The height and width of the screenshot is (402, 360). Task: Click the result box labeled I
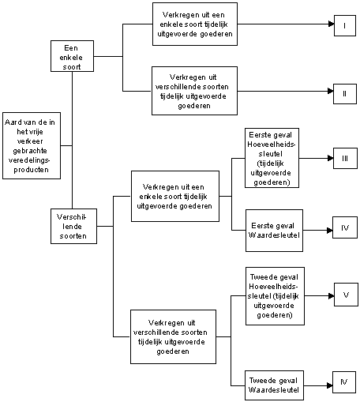345,25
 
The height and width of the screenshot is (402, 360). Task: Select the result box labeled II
345,94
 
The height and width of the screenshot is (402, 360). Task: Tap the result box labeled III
345,158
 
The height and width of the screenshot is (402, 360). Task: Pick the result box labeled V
346,295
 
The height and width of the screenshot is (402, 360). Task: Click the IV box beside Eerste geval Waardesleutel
345,227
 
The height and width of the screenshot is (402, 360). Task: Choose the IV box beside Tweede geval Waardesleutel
344,382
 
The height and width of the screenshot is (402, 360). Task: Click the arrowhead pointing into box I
332,24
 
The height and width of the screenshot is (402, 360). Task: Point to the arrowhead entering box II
331,91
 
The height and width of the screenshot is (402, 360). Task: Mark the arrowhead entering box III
331,158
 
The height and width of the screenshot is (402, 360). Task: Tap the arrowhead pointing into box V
332,296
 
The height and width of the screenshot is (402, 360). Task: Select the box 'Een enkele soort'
72,56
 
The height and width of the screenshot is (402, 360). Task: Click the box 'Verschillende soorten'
73,226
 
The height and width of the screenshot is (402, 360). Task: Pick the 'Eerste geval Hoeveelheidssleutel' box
272,158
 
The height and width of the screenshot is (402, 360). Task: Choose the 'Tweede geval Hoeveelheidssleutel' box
275,296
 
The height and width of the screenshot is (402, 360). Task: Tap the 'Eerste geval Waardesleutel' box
274,231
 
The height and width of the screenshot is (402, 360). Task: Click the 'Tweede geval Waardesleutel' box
274,385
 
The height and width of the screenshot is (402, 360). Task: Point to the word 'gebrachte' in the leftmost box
30,151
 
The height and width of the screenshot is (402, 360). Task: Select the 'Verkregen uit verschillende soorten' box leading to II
194,91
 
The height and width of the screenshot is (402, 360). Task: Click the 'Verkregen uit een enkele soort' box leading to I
195,24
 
